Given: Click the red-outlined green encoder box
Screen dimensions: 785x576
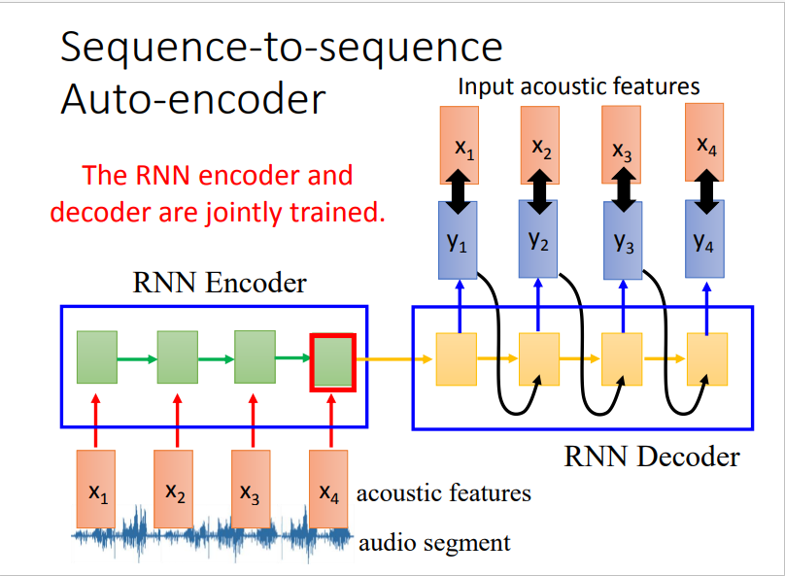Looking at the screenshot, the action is pos(333,362).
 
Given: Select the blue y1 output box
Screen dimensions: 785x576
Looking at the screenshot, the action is pos(458,240).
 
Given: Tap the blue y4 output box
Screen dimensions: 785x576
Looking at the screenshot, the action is pos(704,239).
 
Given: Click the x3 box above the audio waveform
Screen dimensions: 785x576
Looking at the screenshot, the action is pos(251,489).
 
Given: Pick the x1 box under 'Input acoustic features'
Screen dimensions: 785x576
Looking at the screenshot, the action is pos(460,145).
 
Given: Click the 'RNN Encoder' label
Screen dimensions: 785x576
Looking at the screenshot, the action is pos(220,283).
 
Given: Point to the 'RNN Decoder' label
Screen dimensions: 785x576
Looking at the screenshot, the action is pos(652,457).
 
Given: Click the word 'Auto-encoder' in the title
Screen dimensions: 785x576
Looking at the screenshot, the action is pos(193,99).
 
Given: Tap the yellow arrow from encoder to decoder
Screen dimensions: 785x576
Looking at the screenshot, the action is pos(394,358).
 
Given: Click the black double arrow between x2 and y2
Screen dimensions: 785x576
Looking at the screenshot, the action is pos(539,191).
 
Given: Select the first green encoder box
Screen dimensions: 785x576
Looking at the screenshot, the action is pos(97,357).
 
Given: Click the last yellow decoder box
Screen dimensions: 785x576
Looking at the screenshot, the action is pos(707,359).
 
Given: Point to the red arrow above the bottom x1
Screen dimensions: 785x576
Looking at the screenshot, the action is pos(96,421).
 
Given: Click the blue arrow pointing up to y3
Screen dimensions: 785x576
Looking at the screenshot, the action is pos(623,306).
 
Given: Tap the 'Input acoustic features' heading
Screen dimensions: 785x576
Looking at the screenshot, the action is pos(579,86).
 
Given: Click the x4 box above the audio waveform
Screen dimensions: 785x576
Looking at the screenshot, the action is pos(328,489).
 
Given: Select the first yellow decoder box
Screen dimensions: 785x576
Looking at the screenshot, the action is pos(456,359).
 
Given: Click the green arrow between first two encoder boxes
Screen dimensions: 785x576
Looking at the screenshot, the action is pos(138,358).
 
